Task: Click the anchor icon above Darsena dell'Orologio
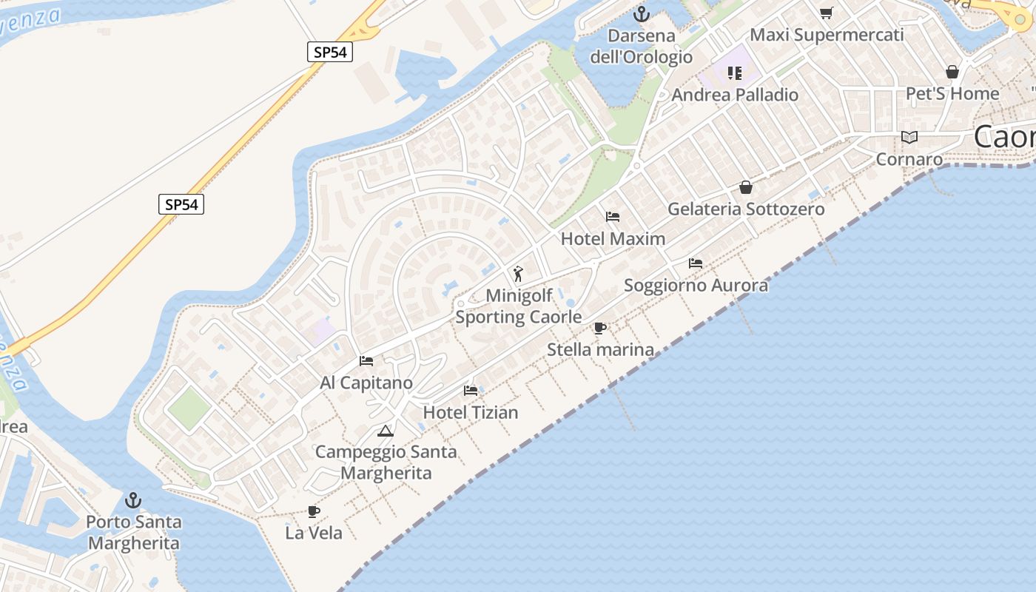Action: point(642,14)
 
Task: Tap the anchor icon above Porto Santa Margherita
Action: point(133,500)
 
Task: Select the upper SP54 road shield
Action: point(329,52)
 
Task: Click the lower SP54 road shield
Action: point(181,204)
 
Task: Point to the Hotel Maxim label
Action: point(613,238)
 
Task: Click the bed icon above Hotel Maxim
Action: point(613,217)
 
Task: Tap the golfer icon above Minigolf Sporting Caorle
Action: point(518,274)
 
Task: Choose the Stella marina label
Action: point(600,349)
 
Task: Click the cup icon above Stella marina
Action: point(600,328)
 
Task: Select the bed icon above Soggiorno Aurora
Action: point(696,263)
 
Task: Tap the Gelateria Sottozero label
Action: point(746,209)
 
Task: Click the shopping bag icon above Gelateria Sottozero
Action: point(746,187)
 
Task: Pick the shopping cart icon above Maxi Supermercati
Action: point(827,13)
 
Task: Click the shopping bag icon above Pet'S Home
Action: point(952,72)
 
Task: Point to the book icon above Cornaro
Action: point(909,138)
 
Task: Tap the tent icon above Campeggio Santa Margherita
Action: point(385,431)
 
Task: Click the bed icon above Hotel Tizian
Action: point(471,391)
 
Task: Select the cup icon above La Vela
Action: point(314,511)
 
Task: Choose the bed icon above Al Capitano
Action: point(366,361)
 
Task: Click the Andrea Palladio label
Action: point(735,95)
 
